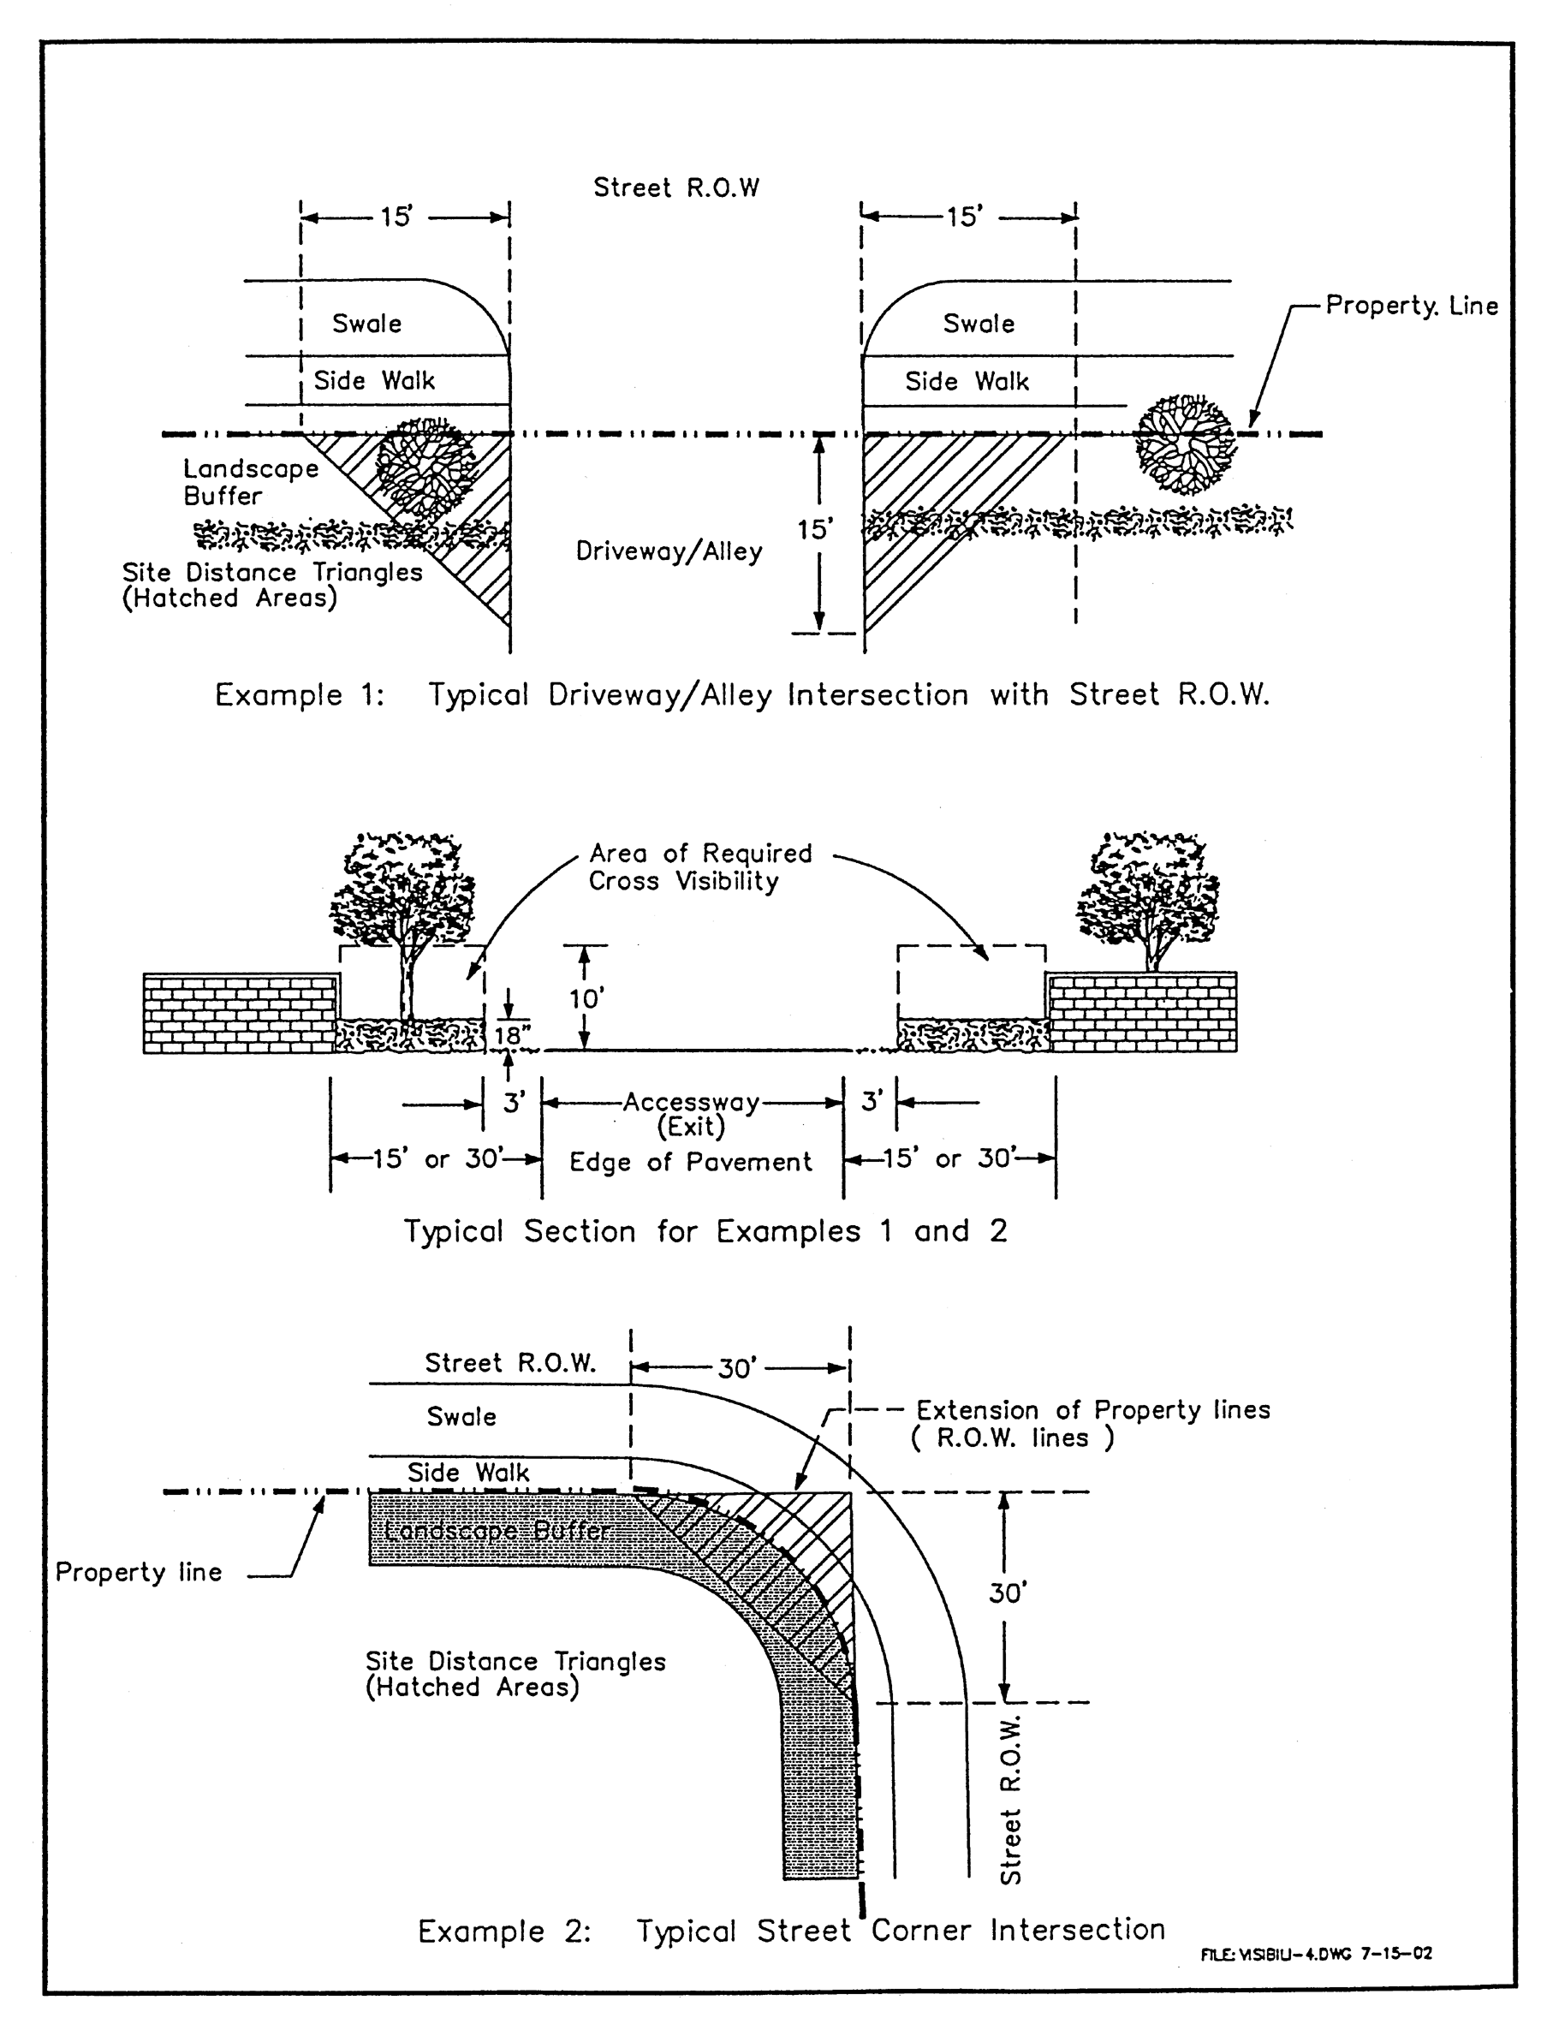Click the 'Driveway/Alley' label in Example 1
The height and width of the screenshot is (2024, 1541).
(669, 551)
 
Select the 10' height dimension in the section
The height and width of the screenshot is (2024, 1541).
(587, 997)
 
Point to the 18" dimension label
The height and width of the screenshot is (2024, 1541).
(511, 1035)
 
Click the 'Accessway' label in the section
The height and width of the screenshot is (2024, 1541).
(691, 1103)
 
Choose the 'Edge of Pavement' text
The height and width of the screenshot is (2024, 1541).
(690, 1162)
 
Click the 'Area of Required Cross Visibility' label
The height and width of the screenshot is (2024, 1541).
(700, 866)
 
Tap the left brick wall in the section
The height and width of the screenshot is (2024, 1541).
(241, 1014)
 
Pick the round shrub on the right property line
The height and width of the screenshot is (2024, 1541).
(1186, 443)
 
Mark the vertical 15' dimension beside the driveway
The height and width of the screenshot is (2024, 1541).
(813, 530)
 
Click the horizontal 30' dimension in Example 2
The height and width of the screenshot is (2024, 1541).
(736, 1369)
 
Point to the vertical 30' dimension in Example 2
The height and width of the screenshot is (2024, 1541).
(1007, 1593)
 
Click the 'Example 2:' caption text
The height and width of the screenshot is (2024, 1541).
(503, 1932)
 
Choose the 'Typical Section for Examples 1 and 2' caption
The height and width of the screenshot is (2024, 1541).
(705, 1230)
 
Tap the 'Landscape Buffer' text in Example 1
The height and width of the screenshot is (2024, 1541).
(249, 482)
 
